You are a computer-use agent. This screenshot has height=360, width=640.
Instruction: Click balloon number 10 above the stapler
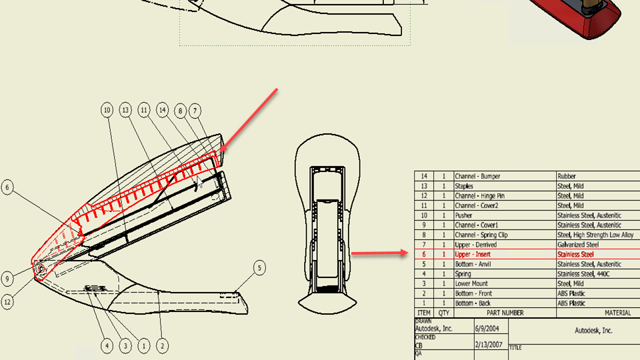coord(107,110)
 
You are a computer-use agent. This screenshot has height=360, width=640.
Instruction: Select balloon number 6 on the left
coord(7,187)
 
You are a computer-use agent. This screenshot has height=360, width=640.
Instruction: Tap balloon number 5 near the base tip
coord(259,268)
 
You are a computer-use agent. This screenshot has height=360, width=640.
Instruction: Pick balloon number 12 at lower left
coord(7,302)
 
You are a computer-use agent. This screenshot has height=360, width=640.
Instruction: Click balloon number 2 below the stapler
coord(163,346)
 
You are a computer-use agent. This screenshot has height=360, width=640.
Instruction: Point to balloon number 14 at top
coord(163,110)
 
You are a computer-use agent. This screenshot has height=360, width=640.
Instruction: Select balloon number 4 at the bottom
coord(107,346)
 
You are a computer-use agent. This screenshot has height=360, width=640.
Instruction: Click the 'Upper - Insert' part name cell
coord(473,254)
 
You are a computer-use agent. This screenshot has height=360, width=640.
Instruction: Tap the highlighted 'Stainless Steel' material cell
coord(575,254)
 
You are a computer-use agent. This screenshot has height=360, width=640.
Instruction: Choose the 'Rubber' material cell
coord(567,176)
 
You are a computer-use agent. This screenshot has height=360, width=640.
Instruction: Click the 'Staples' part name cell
coord(464,186)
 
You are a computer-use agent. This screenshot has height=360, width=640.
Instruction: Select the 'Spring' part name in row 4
coord(463,274)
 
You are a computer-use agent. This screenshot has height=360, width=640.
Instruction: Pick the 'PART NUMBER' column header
coord(505,313)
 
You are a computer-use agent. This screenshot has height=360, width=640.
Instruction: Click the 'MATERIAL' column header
coord(617,313)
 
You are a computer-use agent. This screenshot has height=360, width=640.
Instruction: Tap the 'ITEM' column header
coord(424,313)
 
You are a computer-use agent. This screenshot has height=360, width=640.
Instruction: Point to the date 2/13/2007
coord(489,345)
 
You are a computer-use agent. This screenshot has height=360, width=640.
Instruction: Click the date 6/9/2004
coord(487,329)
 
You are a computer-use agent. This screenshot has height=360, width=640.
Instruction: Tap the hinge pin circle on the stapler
coord(41,269)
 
